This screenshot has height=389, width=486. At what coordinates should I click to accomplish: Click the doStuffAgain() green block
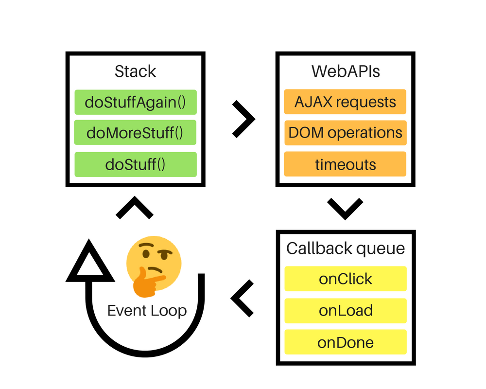pos(135,102)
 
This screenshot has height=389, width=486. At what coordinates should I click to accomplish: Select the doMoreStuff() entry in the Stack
pos(135,133)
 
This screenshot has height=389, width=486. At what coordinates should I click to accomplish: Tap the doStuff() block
pos(135,164)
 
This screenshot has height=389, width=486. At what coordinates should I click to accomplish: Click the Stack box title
pos(135,71)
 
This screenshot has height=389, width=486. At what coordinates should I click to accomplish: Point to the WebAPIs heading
pos(346,71)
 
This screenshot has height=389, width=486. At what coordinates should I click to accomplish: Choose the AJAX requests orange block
pos(345,102)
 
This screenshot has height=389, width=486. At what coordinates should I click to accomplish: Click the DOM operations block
pos(345,133)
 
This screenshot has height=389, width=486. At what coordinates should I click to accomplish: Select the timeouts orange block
pos(345,164)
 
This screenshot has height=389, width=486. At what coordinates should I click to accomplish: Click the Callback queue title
pos(346,248)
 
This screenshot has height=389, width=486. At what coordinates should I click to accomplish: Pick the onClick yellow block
pos(345,279)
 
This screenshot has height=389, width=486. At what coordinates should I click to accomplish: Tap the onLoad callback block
pos(345,311)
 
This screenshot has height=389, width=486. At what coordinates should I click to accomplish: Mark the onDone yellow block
pos(345,342)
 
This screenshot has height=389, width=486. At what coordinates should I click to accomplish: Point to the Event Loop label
pos(147,311)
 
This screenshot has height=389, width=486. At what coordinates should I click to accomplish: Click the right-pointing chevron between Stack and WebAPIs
pos(243,119)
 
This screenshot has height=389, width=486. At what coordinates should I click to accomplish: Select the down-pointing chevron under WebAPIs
pos(345,208)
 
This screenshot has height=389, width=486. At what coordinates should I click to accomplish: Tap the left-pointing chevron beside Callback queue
pos(243,297)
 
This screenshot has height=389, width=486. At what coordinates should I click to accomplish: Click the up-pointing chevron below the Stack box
pos(135,209)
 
